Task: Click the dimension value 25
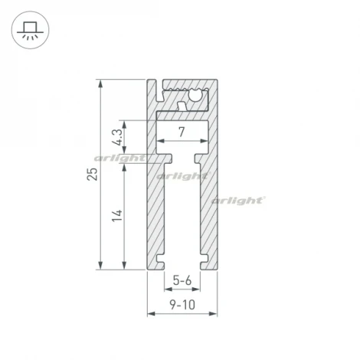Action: click(93, 174)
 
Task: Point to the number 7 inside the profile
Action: click(182, 132)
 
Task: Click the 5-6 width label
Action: click(182, 281)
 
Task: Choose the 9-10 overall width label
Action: click(182, 305)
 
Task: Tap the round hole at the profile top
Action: click(197, 96)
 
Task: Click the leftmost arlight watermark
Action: click(119, 159)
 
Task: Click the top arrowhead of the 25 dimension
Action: click(100, 81)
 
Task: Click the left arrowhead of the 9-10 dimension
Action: click(149, 315)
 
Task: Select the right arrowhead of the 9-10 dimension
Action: click(215, 315)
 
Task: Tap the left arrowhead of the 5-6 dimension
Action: click(165, 291)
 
